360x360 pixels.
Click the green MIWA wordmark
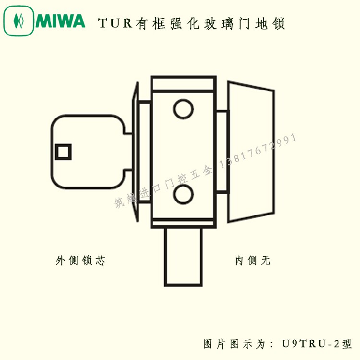[60, 21]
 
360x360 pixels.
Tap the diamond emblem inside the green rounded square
[19, 21]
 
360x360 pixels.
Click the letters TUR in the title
[115, 23]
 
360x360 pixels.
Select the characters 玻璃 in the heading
[219, 24]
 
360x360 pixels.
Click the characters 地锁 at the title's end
[270, 24]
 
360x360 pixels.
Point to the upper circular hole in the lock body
[183, 109]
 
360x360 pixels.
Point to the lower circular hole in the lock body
[183, 194]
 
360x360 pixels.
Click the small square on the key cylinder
[63, 152]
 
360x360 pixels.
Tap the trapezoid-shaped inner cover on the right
[251, 152]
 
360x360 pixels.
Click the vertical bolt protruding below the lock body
[183, 257]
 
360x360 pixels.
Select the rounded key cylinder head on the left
[88, 152]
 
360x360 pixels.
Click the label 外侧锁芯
[80, 261]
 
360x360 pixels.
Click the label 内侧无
[253, 261]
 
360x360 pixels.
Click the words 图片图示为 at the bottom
[234, 344]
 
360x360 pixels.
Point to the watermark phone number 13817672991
[258, 150]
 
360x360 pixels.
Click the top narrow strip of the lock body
[183, 84]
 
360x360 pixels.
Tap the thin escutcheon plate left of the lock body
[135, 152]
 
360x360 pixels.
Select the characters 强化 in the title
[185, 24]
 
